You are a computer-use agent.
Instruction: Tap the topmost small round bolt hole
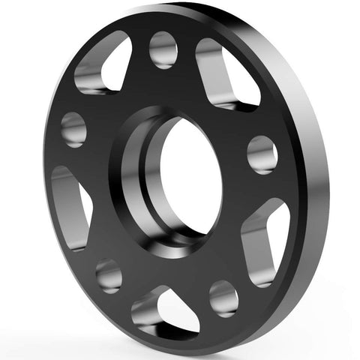(x=163, y=50)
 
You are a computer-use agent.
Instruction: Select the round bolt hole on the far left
(x=73, y=129)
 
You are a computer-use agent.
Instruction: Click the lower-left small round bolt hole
(x=109, y=275)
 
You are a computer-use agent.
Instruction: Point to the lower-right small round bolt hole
(x=223, y=297)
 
